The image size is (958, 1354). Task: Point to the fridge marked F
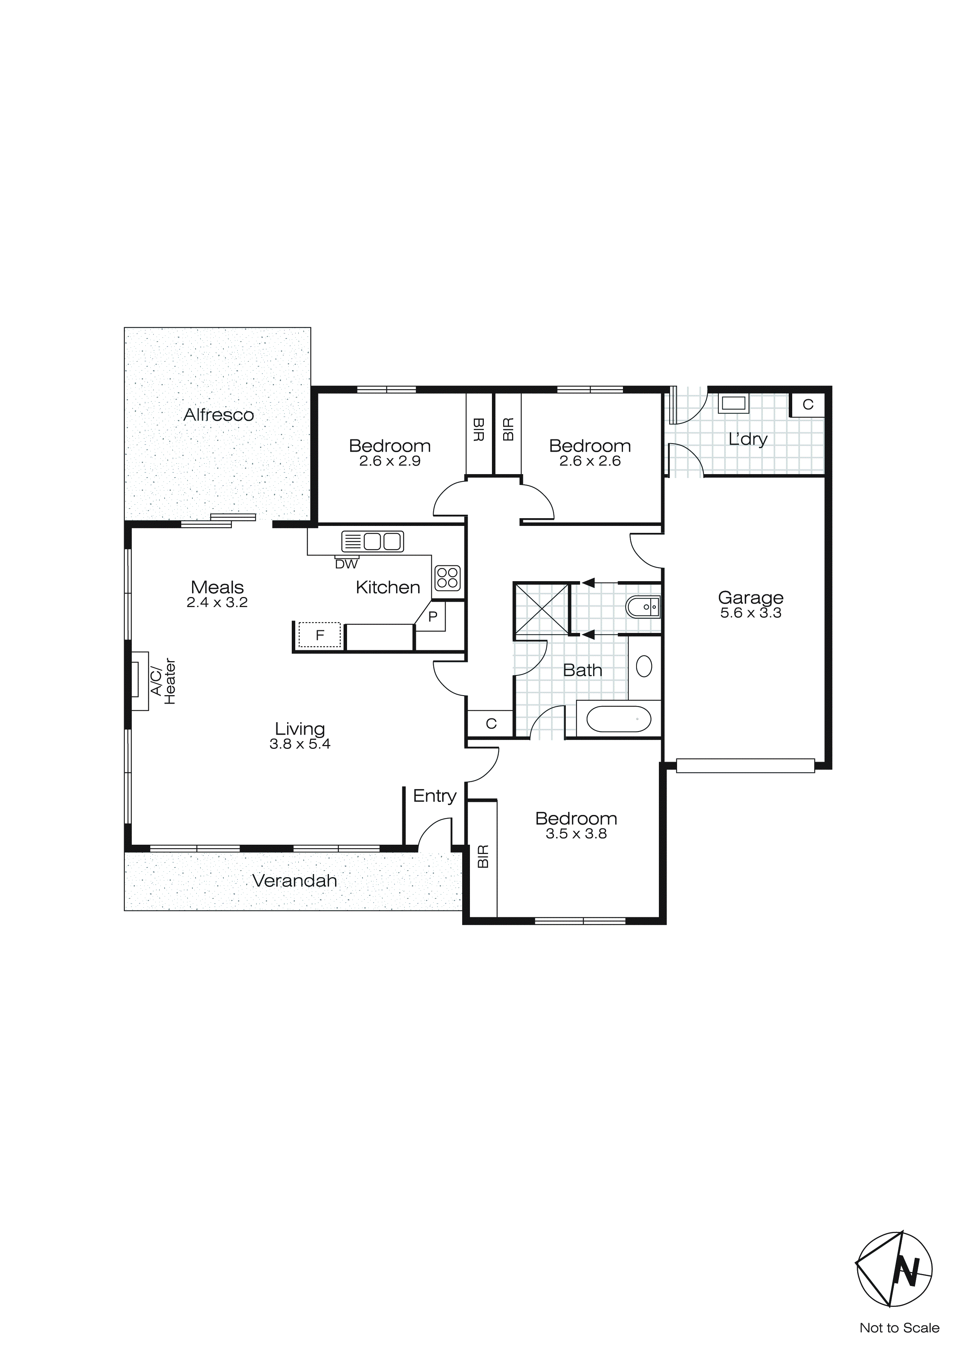click(320, 635)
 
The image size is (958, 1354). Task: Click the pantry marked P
click(433, 617)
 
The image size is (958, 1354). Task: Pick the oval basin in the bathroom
click(644, 667)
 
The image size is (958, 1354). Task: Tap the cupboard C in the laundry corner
click(808, 405)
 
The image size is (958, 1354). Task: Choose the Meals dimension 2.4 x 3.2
click(217, 603)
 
